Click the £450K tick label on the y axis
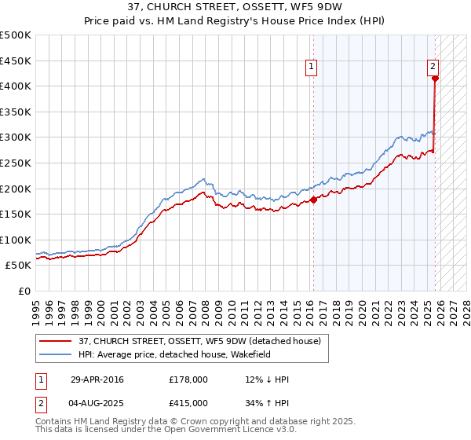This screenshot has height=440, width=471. point(16,60)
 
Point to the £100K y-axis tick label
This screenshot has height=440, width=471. point(16,240)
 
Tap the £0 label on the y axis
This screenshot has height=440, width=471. point(24,291)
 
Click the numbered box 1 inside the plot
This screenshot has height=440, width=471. point(312,68)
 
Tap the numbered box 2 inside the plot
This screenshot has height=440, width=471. point(433,68)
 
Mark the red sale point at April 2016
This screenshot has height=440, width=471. point(313,200)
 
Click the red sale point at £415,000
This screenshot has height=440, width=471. point(435,78)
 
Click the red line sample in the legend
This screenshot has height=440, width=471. point(57,342)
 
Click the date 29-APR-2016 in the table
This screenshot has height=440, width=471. point(97,379)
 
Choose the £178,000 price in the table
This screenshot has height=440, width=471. point(188,379)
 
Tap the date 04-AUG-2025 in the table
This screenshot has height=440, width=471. point(98,402)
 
